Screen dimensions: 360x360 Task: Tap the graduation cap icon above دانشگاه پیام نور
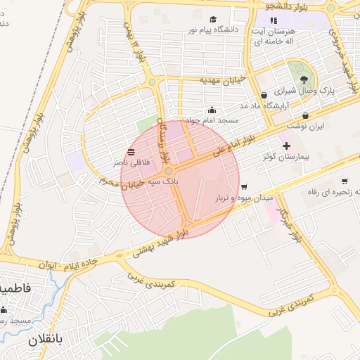coord(213,19)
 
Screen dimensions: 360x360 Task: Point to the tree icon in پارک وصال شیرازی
coord(304,79)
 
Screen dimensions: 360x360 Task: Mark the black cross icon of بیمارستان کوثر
coord(285,146)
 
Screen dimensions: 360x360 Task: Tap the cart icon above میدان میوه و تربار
coord(244,187)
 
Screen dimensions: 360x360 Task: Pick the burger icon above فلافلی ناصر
coord(130,152)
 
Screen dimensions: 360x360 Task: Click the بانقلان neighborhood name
coord(45,340)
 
